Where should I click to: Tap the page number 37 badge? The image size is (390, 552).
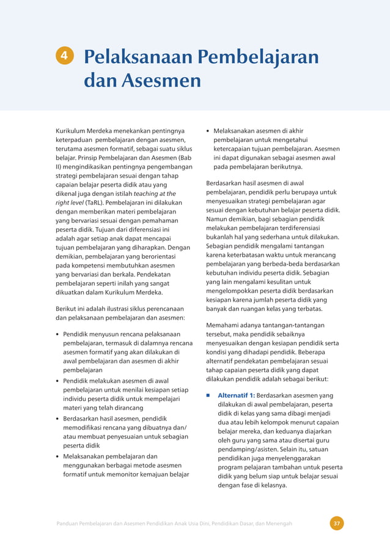tap(336, 523)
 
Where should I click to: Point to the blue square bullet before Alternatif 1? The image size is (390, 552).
tap(208, 395)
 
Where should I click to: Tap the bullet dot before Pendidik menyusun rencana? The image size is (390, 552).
tap(57, 335)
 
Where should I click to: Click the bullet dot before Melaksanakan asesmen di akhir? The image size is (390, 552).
tap(208, 131)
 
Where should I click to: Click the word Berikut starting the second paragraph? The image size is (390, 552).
tap(67, 308)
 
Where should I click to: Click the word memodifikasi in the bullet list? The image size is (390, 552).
tap(85, 428)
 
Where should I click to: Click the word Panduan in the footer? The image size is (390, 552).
tap(70, 523)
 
